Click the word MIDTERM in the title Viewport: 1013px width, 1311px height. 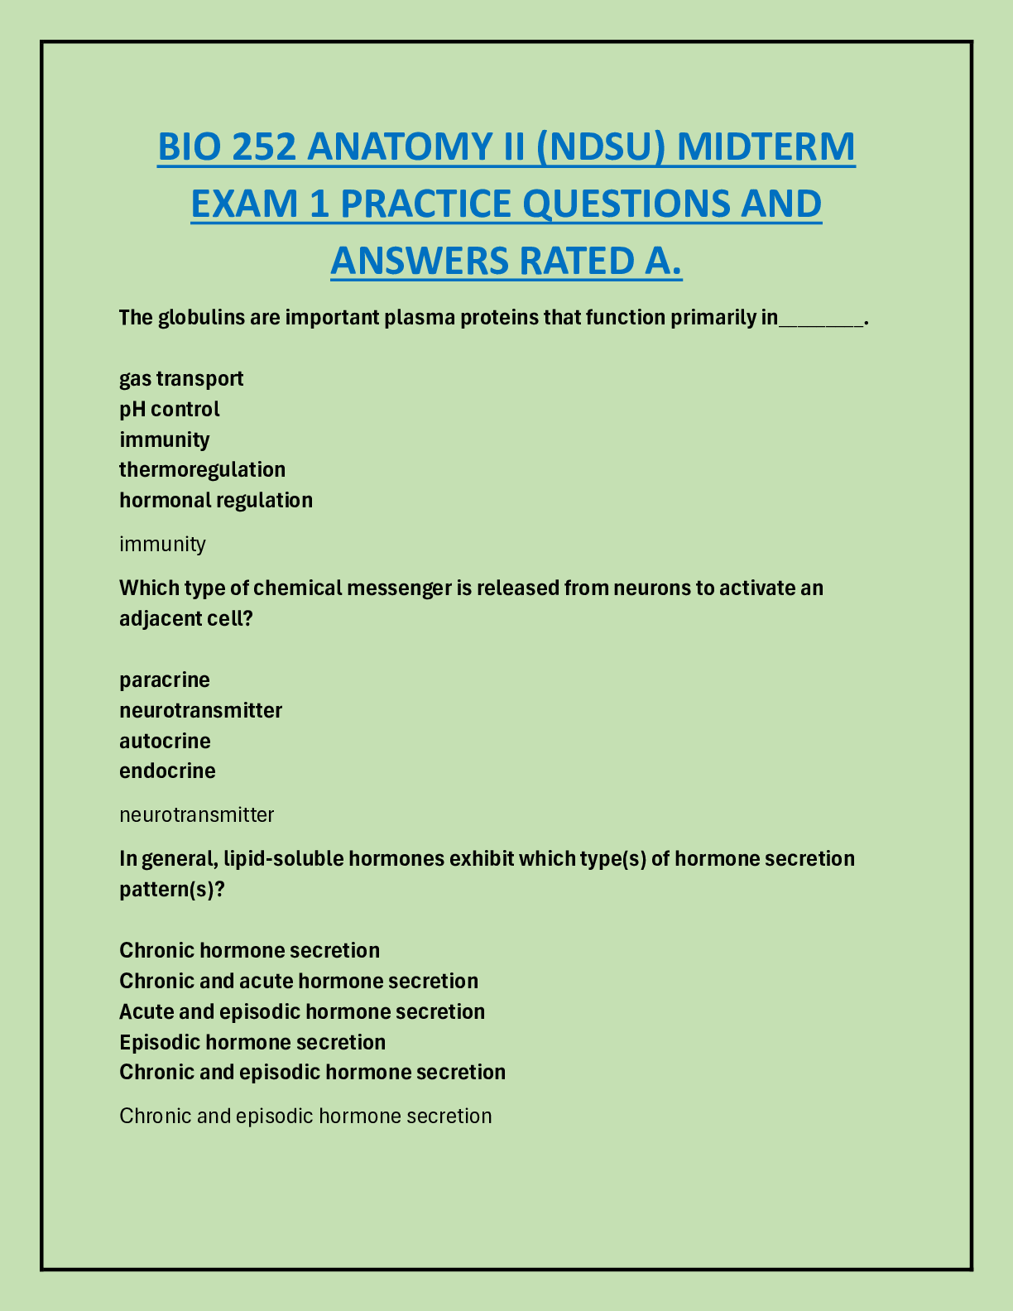[x=766, y=146]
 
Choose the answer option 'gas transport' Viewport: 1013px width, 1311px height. [x=181, y=378]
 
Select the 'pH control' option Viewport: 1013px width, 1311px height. [x=170, y=409]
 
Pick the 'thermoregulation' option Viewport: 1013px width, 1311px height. [x=202, y=469]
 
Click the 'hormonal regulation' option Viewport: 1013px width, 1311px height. [x=216, y=500]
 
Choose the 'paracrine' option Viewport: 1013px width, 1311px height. [x=165, y=680]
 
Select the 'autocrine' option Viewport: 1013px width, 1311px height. [x=165, y=740]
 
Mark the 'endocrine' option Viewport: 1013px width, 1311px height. [x=167, y=771]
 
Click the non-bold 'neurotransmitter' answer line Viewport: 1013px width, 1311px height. [x=197, y=814]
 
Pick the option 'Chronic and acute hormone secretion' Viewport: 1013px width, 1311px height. [x=299, y=981]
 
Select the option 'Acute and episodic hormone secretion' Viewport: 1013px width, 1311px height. [x=302, y=1011]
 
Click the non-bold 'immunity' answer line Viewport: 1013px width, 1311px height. [x=162, y=544]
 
